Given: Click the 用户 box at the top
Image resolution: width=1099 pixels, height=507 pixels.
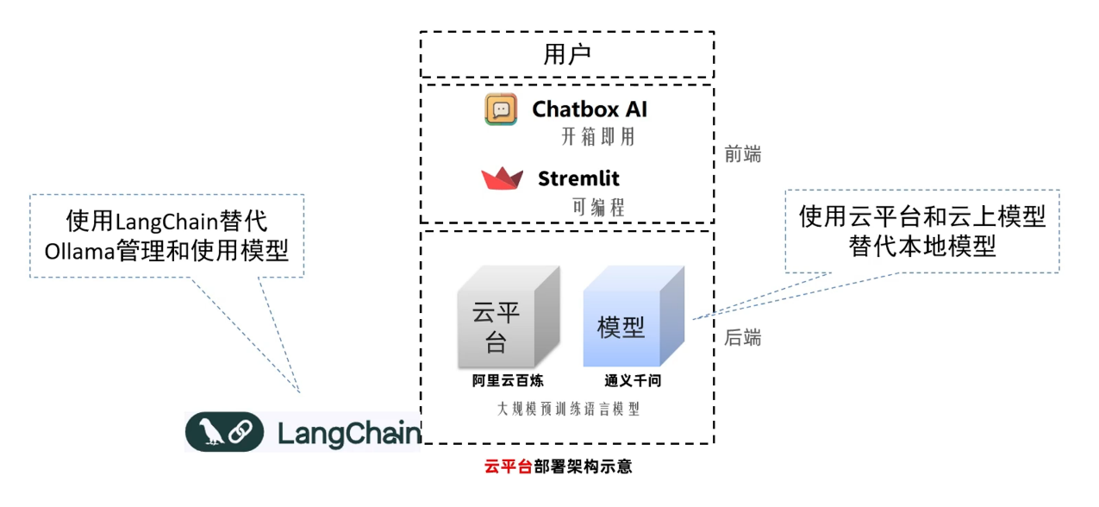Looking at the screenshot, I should click(x=566, y=54).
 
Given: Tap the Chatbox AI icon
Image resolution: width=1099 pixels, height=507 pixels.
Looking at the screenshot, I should click(x=501, y=110).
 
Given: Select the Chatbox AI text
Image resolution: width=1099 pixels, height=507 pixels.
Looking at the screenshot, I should click(x=590, y=110).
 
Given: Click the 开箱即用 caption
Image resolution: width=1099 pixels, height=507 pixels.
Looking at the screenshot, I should click(x=592, y=136).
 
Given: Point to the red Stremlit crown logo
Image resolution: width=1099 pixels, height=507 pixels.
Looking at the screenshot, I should click(x=503, y=178).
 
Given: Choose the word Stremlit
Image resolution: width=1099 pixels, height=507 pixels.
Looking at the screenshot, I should click(x=578, y=179).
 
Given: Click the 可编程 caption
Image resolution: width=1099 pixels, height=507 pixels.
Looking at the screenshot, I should click(x=598, y=207).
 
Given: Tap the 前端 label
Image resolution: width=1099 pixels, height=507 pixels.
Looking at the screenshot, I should click(x=743, y=154).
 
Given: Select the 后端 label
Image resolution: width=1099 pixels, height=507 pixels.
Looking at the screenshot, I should click(x=743, y=338).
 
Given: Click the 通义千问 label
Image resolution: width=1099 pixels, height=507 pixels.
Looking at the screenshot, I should click(x=633, y=381).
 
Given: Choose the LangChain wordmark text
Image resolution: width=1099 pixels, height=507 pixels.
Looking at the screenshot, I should click(x=349, y=433).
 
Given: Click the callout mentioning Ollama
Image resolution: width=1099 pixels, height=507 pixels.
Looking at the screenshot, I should click(x=166, y=235).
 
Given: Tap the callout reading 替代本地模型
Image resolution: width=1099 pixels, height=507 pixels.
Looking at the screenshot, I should click(x=922, y=231).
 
